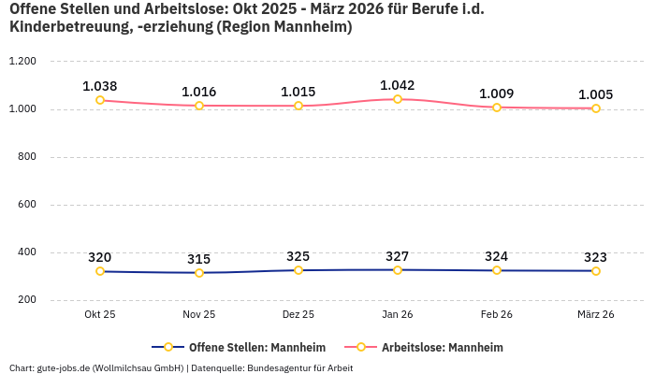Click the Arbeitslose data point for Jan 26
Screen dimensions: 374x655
point(398,99)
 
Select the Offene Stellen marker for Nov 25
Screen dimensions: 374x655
point(199,273)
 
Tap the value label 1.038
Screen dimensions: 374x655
point(100,86)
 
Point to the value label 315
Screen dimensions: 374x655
point(199,259)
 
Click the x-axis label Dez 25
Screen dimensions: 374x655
point(298,315)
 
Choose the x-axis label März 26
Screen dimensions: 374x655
point(596,315)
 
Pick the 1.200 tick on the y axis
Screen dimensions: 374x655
point(22,62)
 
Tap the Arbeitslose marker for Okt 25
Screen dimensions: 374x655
point(100,100)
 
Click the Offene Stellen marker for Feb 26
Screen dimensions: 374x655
point(497,270)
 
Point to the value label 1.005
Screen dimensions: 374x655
point(596,94)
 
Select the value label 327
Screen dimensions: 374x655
point(398,256)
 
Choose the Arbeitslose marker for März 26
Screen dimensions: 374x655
point(596,108)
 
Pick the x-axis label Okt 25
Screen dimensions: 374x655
point(100,315)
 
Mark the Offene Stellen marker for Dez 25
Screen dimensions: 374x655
point(298,270)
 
